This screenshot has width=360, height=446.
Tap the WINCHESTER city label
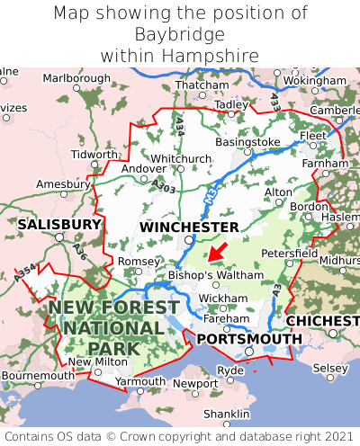tap(189, 227)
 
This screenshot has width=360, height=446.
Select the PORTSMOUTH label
tap(249, 338)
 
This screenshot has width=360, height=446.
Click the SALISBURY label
tap(59, 223)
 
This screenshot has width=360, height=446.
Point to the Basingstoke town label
tap(247, 142)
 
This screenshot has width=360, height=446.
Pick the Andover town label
tap(143, 168)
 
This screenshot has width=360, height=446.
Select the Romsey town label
tap(138, 261)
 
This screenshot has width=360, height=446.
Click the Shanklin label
tap(226, 413)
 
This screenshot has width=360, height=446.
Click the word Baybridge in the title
tap(180, 34)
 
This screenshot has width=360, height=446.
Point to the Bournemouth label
tap(37, 375)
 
